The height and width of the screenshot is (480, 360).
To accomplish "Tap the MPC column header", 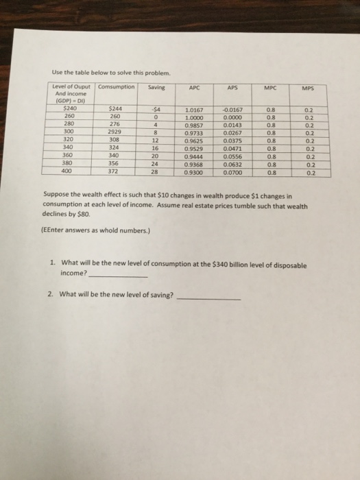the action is pos(281,87).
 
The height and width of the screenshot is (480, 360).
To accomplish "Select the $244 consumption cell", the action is pos(116,108).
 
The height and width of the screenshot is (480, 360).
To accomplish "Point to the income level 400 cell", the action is pos(68,171).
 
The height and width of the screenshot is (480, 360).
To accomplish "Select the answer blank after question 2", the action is pos(208,298).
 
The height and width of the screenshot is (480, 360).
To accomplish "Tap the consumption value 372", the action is pos(115,171).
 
